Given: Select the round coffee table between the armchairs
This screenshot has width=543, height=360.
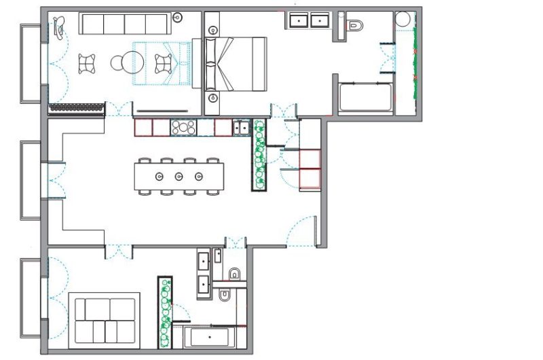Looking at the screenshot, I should (119, 63).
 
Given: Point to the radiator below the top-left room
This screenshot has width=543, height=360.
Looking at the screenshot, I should (76, 107).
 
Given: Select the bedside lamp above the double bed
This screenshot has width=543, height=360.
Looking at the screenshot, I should (214, 30).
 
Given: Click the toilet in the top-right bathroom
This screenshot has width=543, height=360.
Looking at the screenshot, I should (354, 26).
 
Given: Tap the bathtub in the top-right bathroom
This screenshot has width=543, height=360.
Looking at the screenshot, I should (364, 96).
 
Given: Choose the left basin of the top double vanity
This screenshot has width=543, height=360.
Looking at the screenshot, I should (298, 20).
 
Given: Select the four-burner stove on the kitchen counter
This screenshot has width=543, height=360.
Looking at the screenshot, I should (183, 127).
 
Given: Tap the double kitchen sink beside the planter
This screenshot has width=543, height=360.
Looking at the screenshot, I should (240, 127).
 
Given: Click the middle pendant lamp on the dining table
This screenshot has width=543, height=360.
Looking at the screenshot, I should (179, 177).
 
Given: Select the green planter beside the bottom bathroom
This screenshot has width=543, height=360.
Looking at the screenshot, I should (164, 311).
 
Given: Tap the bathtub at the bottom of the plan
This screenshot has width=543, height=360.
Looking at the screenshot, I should (210, 337).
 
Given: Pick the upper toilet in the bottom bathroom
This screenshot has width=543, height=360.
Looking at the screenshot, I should (235, 274).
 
